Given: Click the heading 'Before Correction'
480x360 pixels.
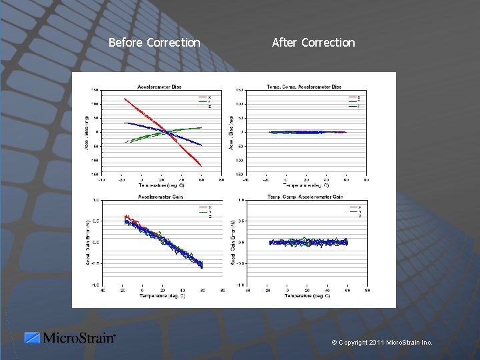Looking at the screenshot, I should tap(154, 43).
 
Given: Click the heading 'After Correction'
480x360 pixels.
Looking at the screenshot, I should tap(313, 43).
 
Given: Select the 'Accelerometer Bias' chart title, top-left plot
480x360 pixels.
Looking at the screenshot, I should tap(159, 86).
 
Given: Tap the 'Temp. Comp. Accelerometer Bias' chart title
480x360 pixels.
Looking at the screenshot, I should tap(304, 86).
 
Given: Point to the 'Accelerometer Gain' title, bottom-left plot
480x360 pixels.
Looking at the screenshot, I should tap(161, 197).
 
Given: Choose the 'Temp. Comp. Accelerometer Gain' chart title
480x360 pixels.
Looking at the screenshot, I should tap(305, 197).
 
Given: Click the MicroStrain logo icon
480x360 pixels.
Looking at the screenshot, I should tap(32, 338).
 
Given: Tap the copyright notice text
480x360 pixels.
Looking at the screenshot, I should tap(382, 343).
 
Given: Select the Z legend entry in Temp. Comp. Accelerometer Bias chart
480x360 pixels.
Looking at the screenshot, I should tap(353, 106).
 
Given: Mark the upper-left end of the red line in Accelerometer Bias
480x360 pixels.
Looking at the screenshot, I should tap(125, 99).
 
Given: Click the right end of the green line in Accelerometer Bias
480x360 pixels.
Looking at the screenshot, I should tap(201, 127).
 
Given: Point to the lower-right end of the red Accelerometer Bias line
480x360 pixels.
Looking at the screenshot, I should tap(201, 165).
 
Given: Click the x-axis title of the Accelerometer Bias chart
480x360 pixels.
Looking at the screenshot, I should tap(162, 185).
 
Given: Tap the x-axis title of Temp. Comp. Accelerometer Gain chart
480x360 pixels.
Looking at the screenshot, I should tap(307, 295).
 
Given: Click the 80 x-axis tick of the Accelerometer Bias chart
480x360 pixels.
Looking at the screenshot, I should tap(221, 179).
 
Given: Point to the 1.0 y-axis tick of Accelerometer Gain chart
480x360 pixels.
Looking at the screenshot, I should tap(96, 200).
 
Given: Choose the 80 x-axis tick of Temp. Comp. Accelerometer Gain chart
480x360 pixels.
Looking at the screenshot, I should tap(368, 290).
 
